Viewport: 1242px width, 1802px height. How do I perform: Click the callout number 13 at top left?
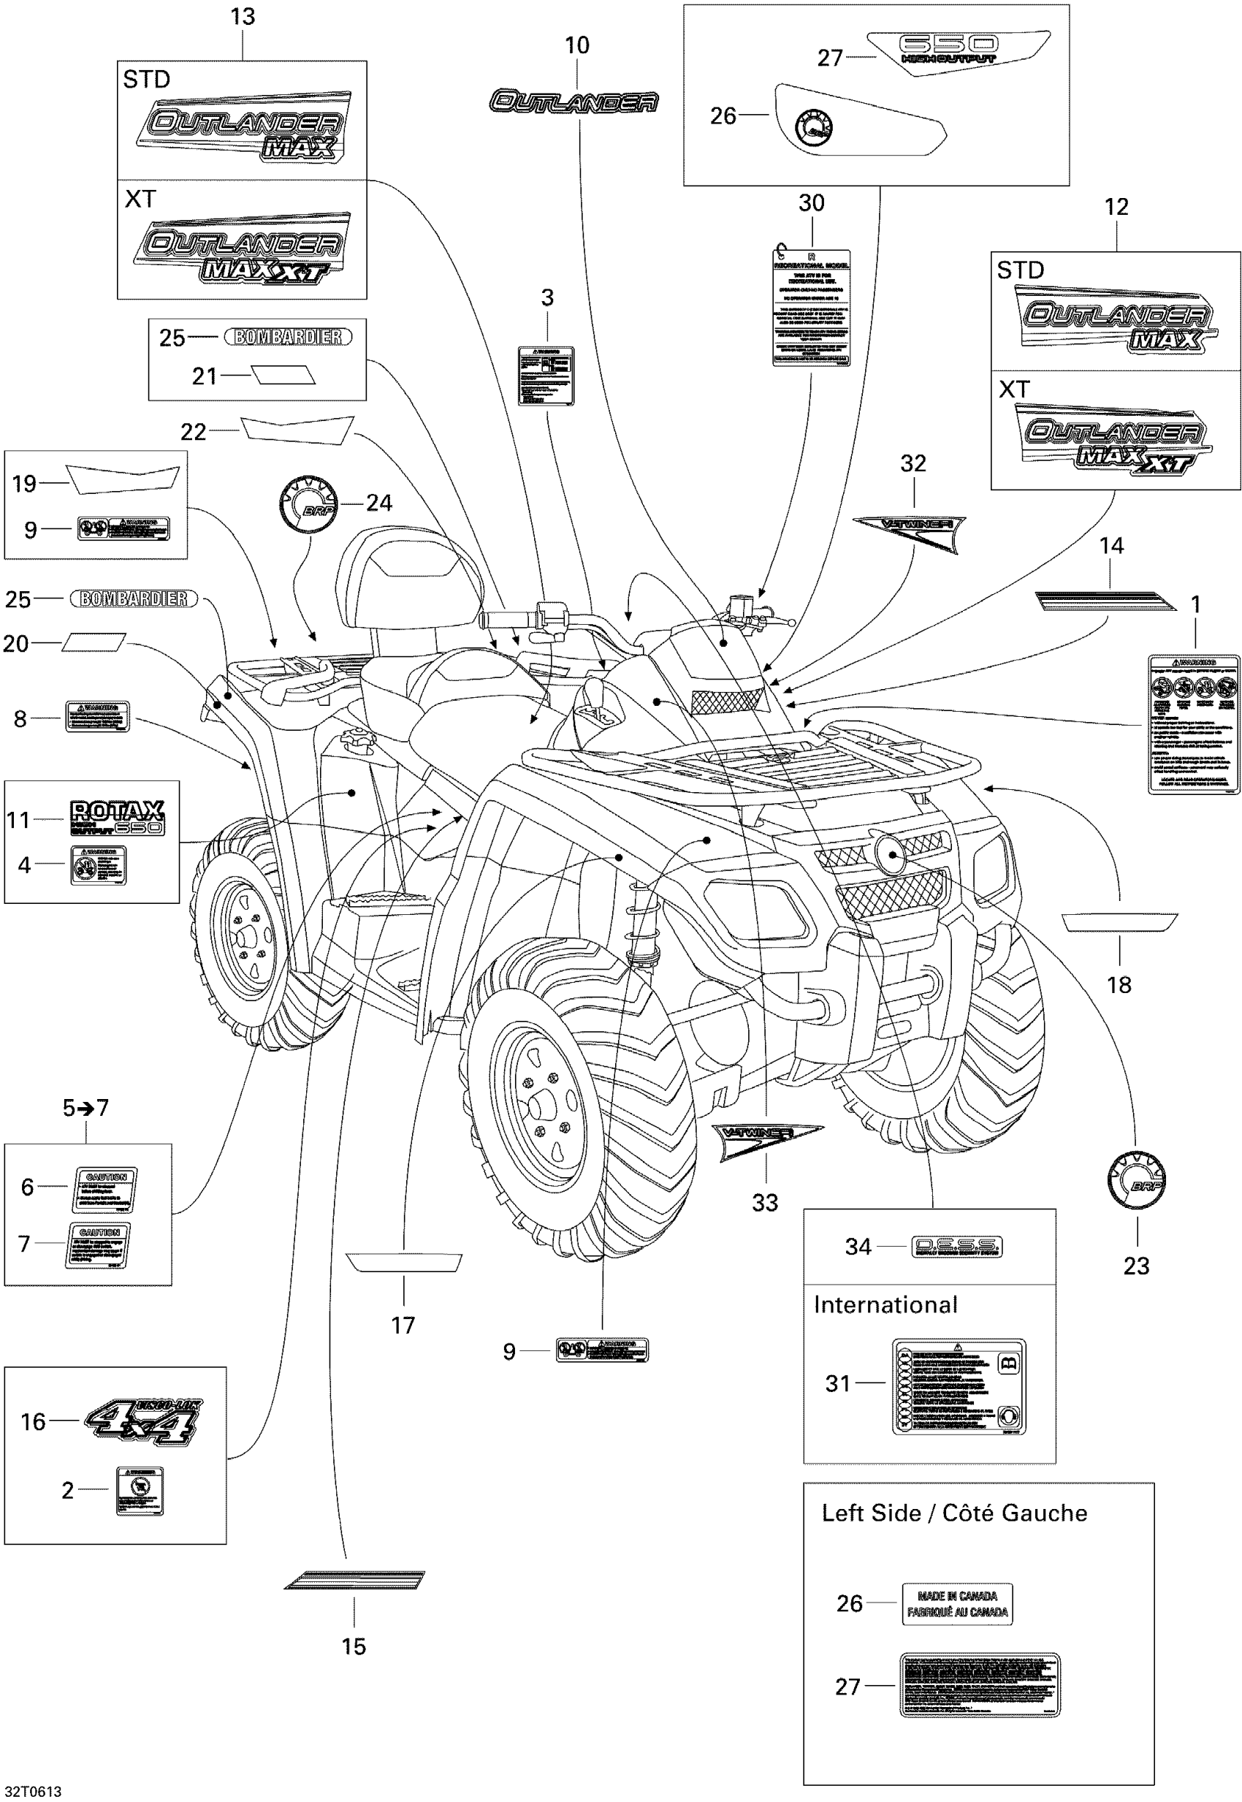[242, 17]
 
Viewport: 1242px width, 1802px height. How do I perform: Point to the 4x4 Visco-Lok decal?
[142, 1421]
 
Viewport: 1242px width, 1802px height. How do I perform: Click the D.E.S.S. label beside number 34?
[956, 1247]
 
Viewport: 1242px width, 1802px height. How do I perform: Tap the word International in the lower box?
[885, 1305]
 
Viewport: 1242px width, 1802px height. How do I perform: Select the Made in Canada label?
[956, 1604]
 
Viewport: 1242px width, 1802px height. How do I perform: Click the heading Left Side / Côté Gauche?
[954, 1513]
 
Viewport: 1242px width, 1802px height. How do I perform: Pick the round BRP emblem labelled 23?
[1135, 1181]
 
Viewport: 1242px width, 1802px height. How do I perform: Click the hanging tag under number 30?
[811, 308]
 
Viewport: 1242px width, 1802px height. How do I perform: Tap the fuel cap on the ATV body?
[355, 736]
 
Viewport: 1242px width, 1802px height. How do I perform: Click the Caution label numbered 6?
[105, 1189]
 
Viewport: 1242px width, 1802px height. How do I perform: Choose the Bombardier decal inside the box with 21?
[288, 337]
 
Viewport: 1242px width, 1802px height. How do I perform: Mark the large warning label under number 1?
[1193, 725]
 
